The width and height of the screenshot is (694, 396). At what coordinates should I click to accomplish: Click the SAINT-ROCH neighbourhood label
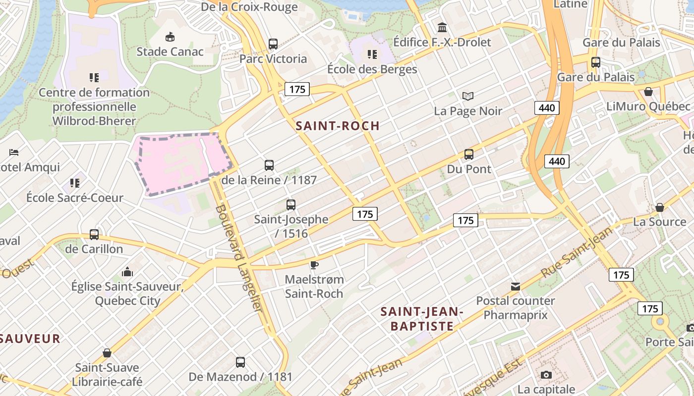[x=338, y=126]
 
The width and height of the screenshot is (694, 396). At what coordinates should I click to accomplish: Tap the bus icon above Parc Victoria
[x=273, y=44]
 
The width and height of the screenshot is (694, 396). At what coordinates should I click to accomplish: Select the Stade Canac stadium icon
[x=170, y=37]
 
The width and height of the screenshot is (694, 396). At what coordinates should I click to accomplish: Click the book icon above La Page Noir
[x=468, y=96]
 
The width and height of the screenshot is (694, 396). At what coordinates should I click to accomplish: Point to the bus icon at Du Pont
[x=469, y=154]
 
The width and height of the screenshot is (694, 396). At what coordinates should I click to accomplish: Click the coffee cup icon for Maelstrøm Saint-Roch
[x=314, y=265]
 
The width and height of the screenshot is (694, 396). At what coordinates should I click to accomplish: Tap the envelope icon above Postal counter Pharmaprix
[x=516, y=286]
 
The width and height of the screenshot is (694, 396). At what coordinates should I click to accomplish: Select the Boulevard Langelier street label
[x=238, y=257]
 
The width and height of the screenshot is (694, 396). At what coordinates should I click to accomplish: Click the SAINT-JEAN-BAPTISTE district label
[x=422, y=319]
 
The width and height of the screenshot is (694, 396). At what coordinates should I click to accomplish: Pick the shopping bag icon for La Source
[x=659, y=207]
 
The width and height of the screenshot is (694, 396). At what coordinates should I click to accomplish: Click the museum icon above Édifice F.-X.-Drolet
[x=442, y=27]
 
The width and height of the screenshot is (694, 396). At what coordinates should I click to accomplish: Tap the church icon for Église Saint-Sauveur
[x=127, y=272]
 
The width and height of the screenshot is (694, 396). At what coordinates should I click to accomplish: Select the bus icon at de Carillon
[x=94, y=234]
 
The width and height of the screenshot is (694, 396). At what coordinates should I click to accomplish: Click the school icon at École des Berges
[x=372, y=54]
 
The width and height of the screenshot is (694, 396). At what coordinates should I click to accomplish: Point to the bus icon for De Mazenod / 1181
[x=240, y=362]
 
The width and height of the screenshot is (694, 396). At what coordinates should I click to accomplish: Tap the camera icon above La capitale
[x=546, y=375]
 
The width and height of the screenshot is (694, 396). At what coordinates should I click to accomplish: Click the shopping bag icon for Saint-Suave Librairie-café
[x=107, y=353]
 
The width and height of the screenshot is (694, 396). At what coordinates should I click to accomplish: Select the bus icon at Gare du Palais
[x=596, y=62]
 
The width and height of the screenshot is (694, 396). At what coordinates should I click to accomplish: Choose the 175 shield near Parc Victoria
[x=297, y=89]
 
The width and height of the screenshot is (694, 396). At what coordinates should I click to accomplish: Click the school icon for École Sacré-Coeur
[x=75, y=183]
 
